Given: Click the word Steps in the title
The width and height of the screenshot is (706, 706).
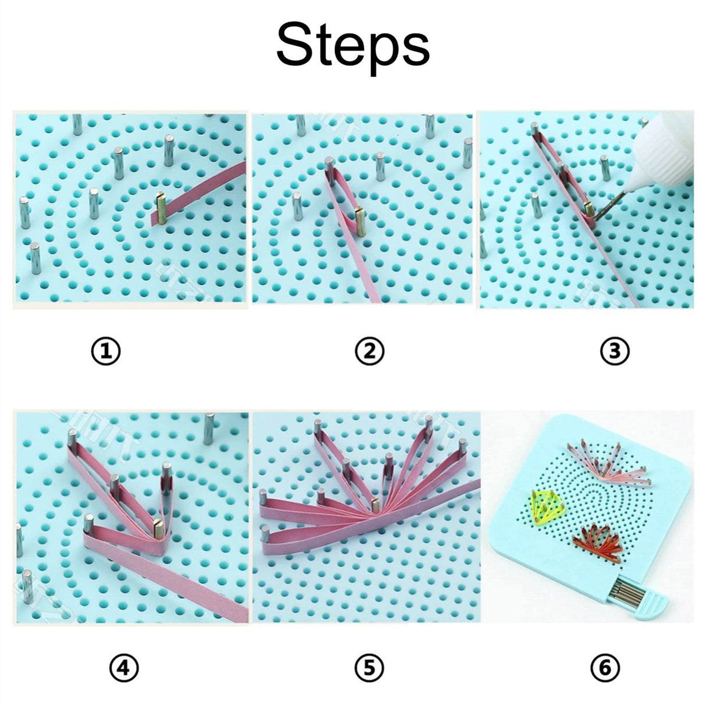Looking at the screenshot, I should point(352,45).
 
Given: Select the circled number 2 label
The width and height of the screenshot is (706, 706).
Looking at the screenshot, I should point(370,351).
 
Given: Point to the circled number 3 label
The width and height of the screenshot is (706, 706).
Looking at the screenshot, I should point(615,351).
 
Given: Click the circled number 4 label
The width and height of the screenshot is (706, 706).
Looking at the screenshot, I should point(124,669).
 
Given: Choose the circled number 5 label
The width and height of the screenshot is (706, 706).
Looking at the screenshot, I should point(370,669).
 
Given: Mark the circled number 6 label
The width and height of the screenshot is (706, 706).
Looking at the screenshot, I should point(605,669).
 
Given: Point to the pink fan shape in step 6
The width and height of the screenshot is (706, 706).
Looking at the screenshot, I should point(605,462).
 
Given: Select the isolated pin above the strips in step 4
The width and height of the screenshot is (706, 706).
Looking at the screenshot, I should point(208,427).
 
